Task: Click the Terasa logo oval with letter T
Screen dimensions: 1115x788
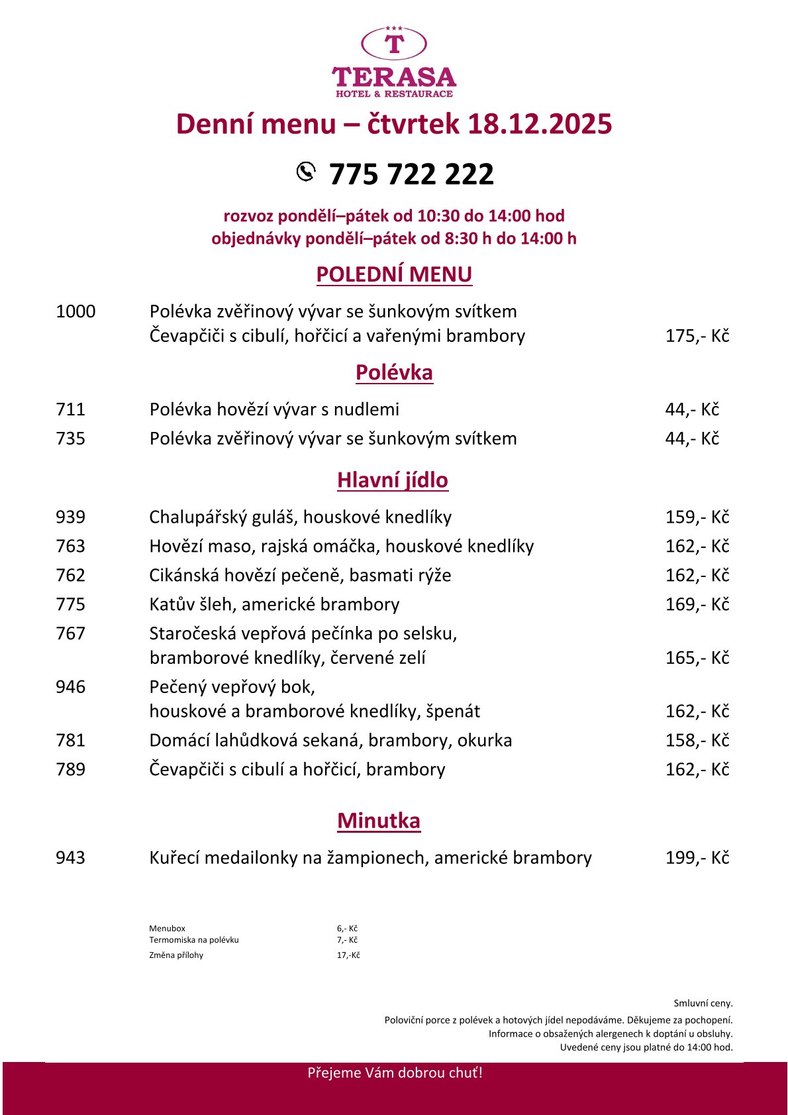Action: [x=394, y=44]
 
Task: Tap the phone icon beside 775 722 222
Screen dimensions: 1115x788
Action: [x=306, y=172]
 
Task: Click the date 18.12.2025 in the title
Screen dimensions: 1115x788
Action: [x=540, y=125]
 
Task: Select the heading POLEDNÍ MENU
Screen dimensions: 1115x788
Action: [x=394, y=274]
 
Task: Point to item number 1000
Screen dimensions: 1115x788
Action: [x=75, y=311]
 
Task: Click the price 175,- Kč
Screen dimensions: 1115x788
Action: [x=697, y=336]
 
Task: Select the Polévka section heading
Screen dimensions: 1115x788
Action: [x=394, y=372]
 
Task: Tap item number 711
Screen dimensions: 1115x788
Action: [x=70, y=409]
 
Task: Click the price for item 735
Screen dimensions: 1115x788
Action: [x=692, y=439]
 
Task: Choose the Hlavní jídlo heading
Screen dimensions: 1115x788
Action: [x=393, y=480]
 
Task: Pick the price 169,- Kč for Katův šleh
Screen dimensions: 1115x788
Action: [x=697, y=604]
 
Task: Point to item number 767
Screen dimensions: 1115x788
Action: [x=70, y=633]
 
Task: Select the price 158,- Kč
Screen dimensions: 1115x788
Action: [x=697, y=740]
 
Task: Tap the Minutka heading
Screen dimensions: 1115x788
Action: [x=379, y=821]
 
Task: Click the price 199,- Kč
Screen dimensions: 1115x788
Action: [x=697, y=858]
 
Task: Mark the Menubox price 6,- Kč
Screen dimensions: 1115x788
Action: [x=347, y=928]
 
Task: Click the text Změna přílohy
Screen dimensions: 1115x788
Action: [x=176, y=955]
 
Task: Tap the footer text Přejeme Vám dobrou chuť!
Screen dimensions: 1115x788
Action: [x=395, y=1073]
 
